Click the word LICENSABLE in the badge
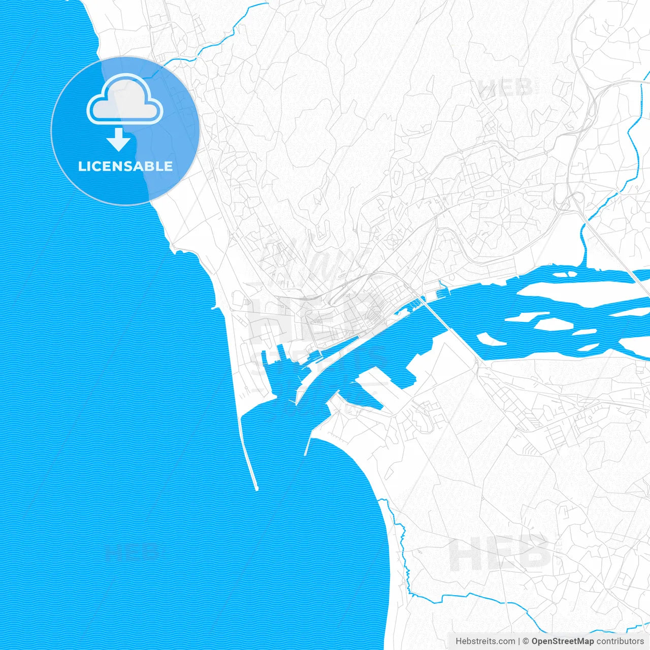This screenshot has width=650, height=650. [125, 166]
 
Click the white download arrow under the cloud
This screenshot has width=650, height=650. [119, 140]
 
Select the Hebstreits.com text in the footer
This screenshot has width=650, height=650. [485, 641]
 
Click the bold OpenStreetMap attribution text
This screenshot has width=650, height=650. [562, 641]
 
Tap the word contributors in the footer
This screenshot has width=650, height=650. [620, 641]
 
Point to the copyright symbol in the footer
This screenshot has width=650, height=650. [526, 641]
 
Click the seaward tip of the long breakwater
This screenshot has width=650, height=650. [256, 489]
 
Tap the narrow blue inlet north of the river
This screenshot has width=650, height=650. [583, 244]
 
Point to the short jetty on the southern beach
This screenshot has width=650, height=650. [308, 447]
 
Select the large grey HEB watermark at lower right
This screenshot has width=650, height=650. [500, 554]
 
